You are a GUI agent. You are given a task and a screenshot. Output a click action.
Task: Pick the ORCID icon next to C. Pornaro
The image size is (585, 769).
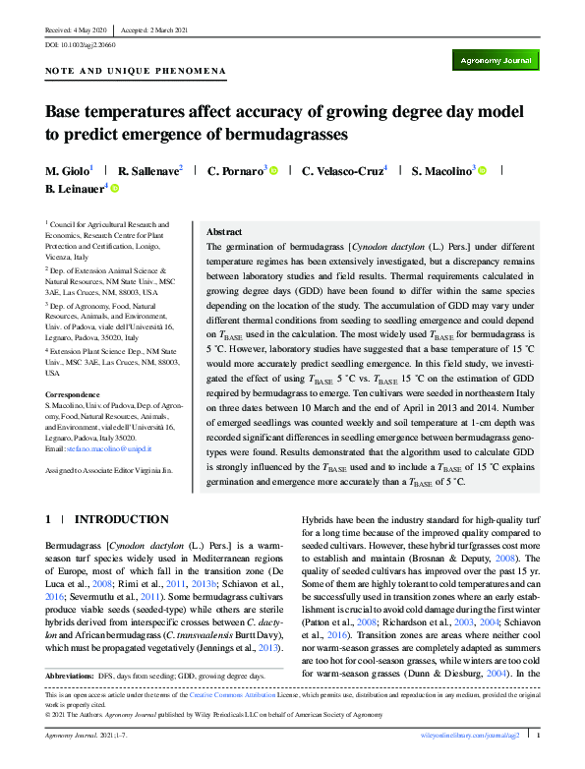pos(273,170)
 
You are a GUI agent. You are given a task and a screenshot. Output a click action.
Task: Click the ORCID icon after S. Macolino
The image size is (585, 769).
pos(483,170)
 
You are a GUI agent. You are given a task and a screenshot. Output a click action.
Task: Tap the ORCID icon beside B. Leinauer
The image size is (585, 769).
pos(115,188)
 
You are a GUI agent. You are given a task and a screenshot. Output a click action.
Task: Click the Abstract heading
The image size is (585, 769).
pos(225,231)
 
